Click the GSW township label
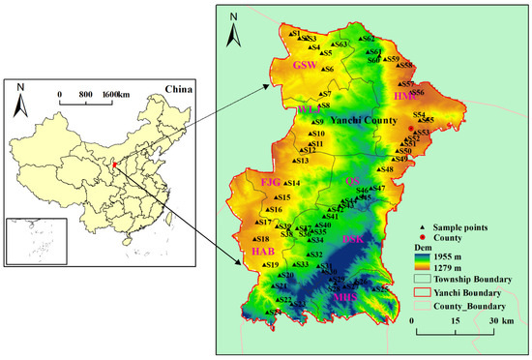304,65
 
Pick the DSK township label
354,238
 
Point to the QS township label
351,181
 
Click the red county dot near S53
412,127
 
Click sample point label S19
272,265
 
